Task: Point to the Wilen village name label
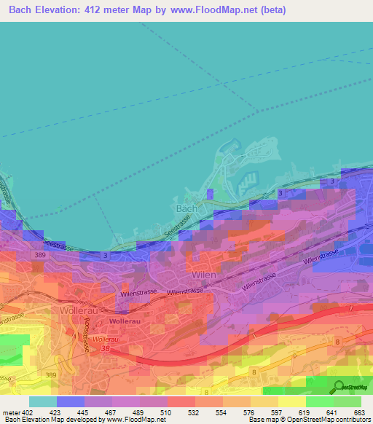tap(204, 275)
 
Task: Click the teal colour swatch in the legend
tap(42, 401)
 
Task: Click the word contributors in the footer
tap(350, 420)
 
